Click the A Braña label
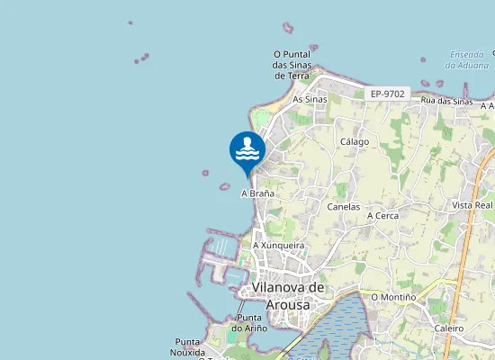click(x=257, y=193)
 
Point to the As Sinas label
click(x=310, y=99)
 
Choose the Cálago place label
click(x=355, y=142)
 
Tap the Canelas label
click(x=344, y=207)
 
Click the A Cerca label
click(x=382, y=216)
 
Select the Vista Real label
click(x=472, y=205)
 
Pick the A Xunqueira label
click(x=278, y=245)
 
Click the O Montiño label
click(x=393, y=297)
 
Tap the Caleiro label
click(x=448, y=328)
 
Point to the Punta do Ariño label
click(x=247, y=323)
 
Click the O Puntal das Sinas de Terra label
click(x=292, y=65)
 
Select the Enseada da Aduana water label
click(x=467, y=59)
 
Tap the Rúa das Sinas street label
click(x=447, y=102)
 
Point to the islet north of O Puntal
click(x=288, y=28)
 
